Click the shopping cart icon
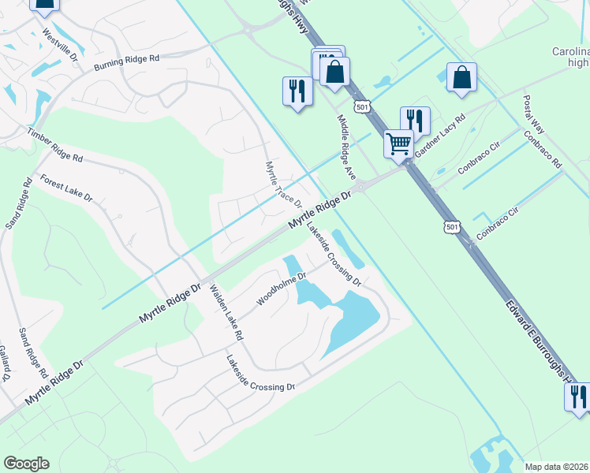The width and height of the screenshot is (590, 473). [399, 143]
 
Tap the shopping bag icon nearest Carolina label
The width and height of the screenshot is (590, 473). [461, 77]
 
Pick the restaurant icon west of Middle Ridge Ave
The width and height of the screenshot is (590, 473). [297, 91]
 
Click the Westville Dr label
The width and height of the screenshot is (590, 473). [61, 46]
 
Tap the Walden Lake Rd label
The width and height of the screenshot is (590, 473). [225, 312]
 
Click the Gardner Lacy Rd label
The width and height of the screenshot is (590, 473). [440, 136]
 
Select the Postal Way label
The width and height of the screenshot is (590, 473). [534, 115]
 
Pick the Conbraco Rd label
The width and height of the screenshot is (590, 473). [545, 149]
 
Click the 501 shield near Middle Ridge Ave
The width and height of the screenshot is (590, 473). [362, 106]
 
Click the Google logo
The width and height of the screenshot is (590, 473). [26, 464]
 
